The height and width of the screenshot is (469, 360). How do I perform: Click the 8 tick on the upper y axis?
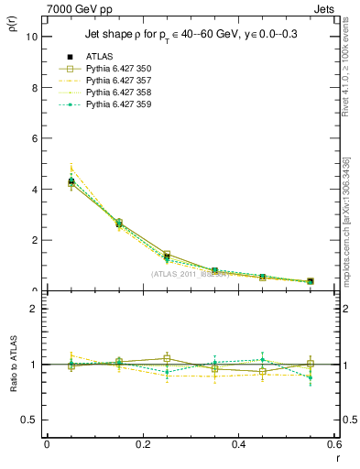35,88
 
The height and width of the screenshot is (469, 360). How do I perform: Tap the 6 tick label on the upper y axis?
35,139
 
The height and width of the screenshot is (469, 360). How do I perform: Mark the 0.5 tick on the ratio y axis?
30,420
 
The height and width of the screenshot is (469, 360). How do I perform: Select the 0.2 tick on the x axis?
142,443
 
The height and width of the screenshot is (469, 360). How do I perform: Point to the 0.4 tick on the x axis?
238,443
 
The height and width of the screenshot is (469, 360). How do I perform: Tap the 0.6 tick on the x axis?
333,443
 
